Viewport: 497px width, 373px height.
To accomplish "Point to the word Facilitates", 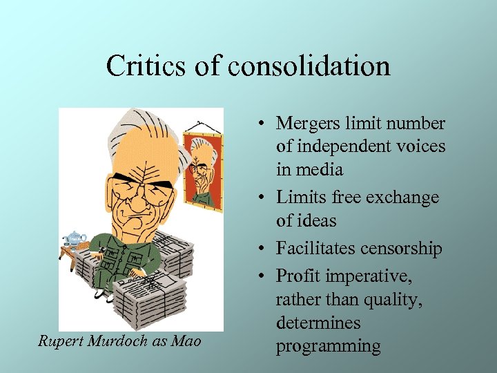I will point(315,249).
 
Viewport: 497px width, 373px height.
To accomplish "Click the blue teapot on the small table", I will point(72,238).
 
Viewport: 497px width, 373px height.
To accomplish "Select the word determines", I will point(318,323).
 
